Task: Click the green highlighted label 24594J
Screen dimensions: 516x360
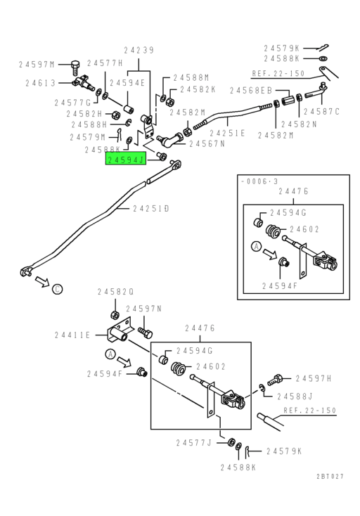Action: click(x=125, y=160)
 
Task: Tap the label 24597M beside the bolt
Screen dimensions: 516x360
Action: click(x=37, y=64)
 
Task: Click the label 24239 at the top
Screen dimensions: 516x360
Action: click(x=139, y=50)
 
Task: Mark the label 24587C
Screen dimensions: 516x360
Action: click(x=322, y=111)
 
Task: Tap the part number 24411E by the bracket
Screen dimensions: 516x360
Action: click(x=72, y=335)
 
